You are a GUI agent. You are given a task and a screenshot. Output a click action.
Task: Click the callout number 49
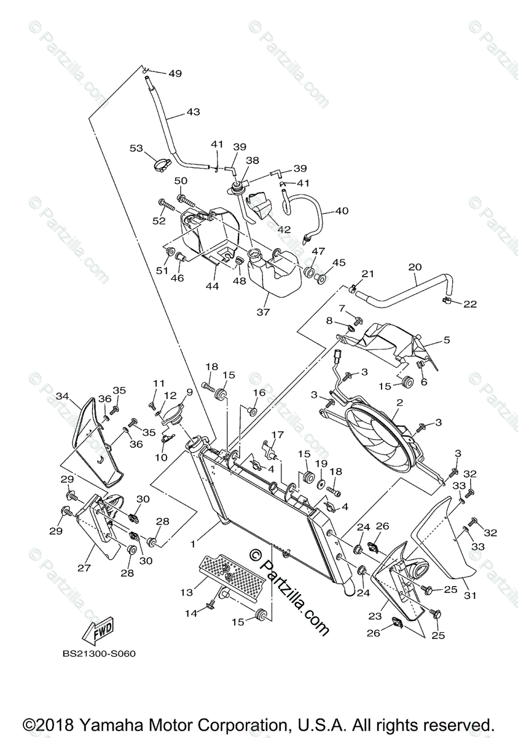tap(175, 74)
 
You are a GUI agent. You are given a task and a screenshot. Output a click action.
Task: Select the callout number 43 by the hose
tap(193, 113)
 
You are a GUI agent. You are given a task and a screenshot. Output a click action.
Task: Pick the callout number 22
tap(470, 304)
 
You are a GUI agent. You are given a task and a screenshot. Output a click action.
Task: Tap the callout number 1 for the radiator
tap(193, 544)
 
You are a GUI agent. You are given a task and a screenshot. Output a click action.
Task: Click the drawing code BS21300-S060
tap(98, 654)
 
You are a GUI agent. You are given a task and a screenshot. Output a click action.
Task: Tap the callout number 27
tap(84, 568)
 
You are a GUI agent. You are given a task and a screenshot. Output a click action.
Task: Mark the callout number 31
tap(470, 595)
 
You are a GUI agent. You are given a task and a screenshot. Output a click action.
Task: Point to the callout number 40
tap(341, 211)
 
